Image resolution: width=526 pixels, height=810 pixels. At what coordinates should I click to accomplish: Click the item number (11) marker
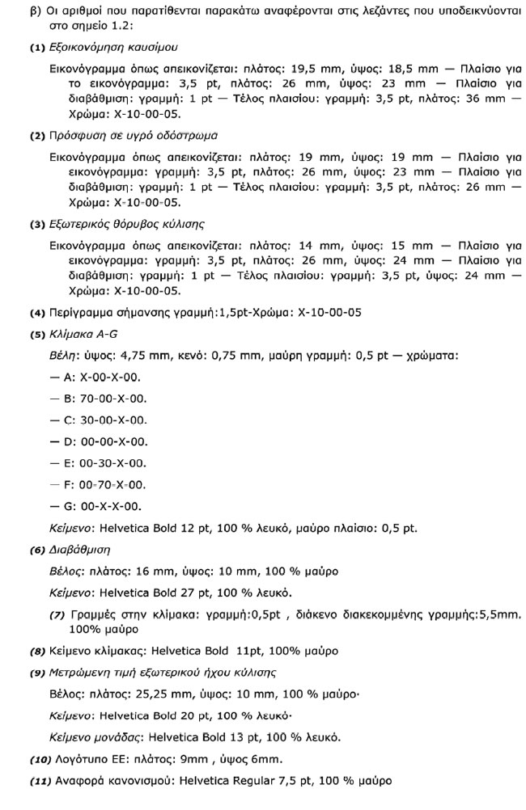click(x=39, y=781)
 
